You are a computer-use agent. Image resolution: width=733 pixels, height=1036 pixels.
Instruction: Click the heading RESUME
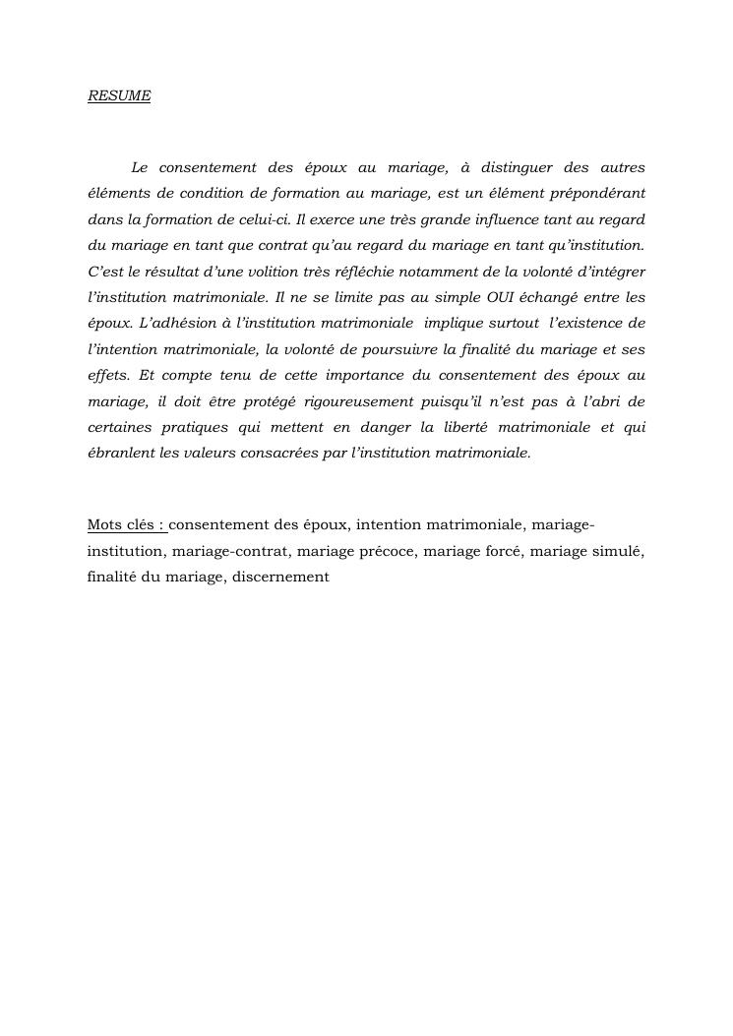point(119,96)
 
